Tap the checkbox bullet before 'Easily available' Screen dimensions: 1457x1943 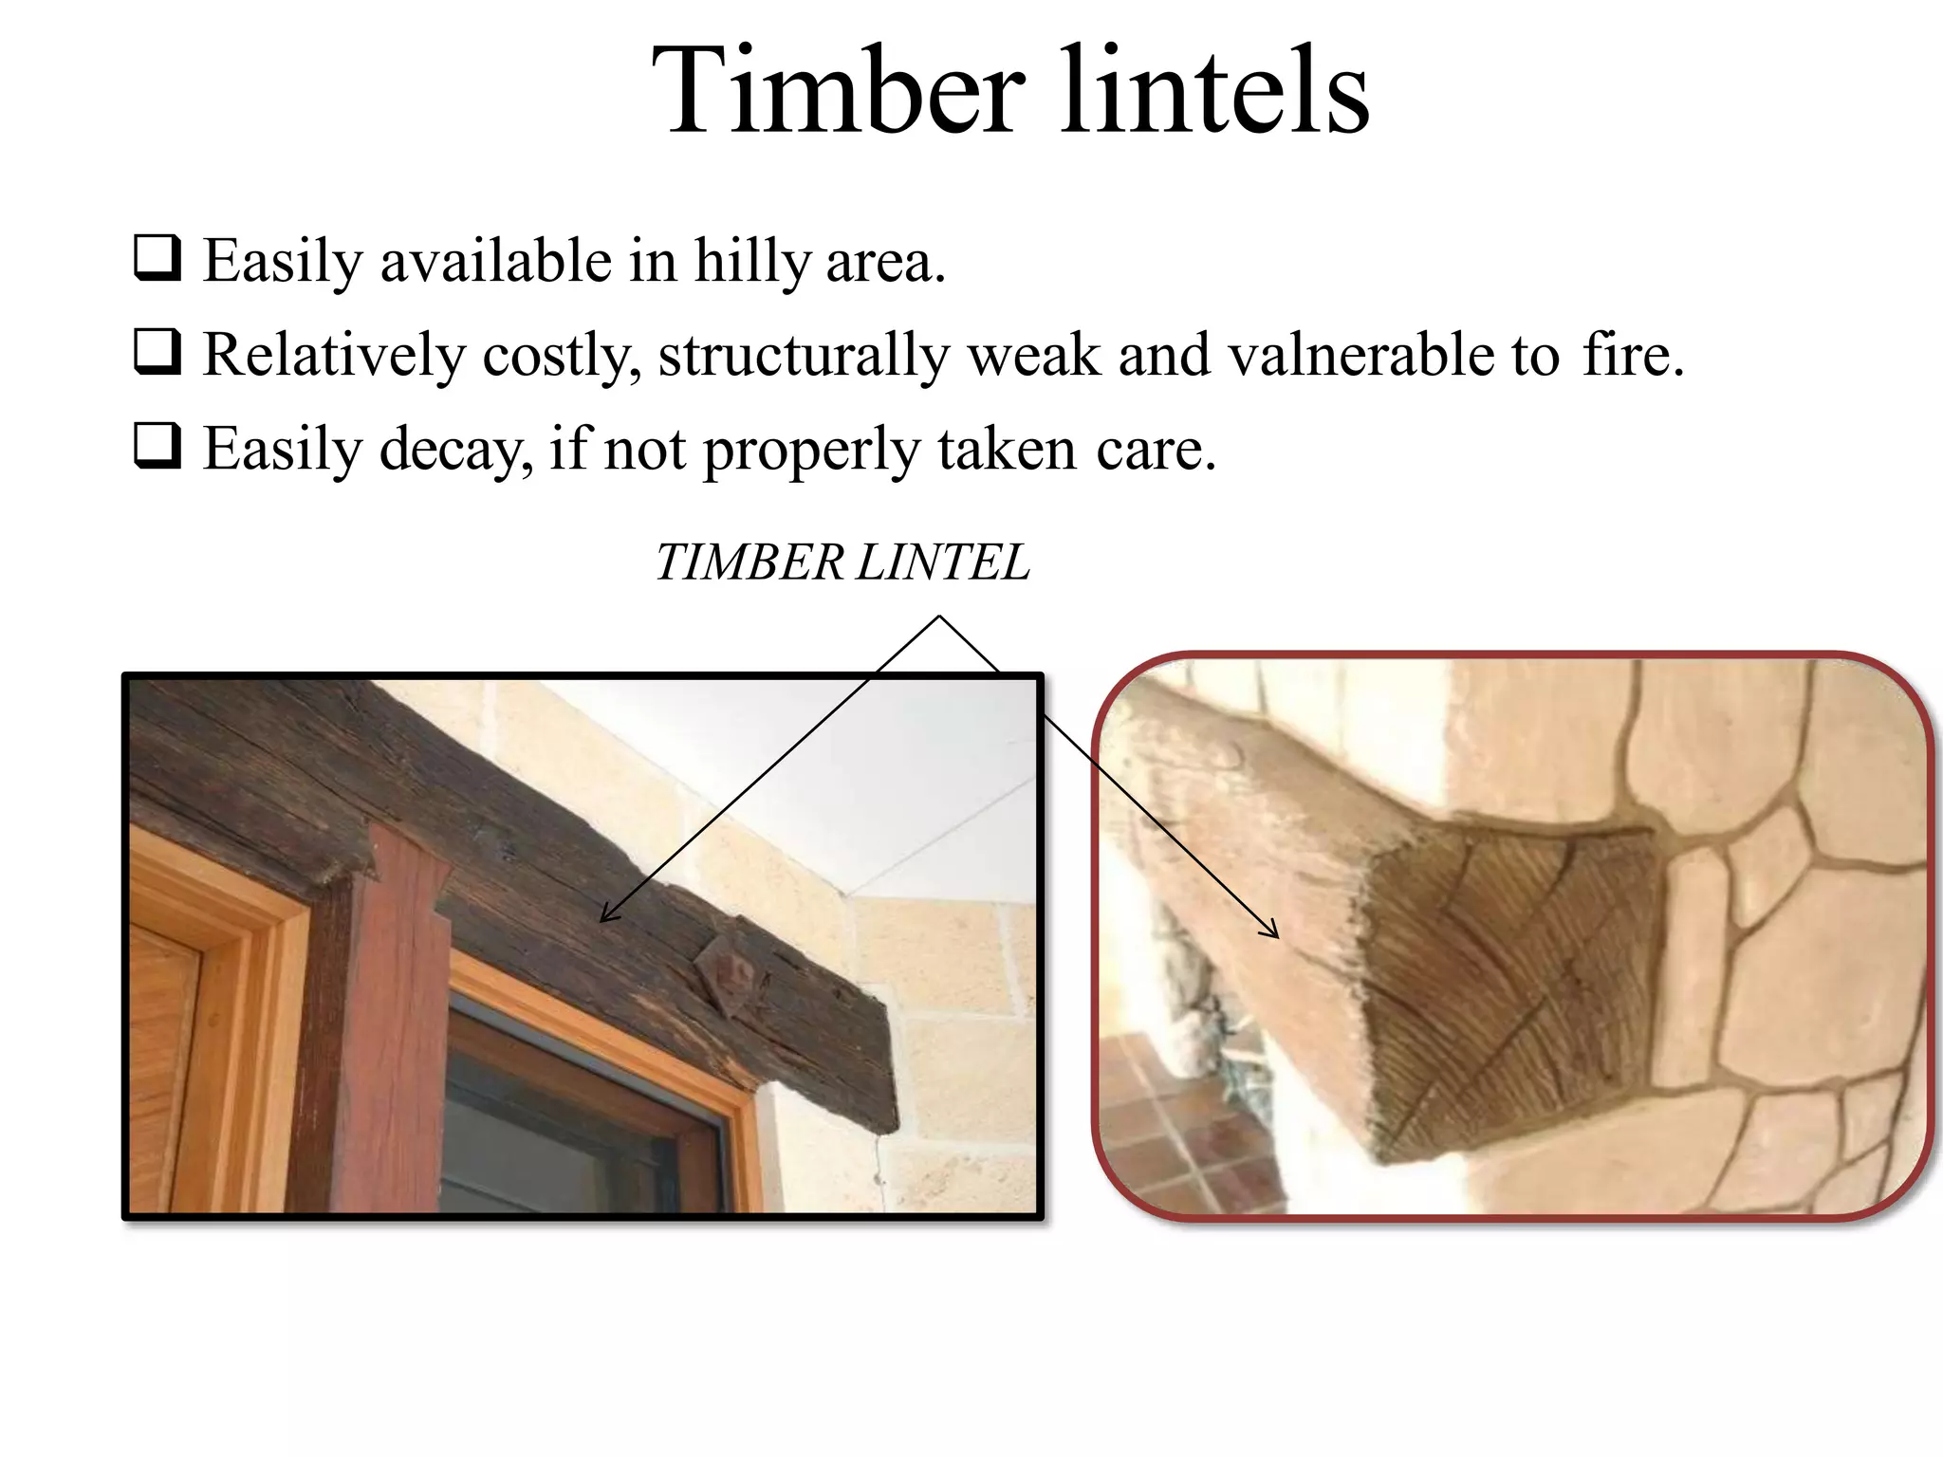[157, 258]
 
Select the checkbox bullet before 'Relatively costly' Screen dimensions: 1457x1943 [157, 352]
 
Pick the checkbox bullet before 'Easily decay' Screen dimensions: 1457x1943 [157, 446]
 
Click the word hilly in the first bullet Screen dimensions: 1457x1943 [751, 261]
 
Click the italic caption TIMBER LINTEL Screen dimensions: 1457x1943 [842, 563]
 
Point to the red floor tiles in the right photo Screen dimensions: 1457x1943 [1186, 1129]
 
